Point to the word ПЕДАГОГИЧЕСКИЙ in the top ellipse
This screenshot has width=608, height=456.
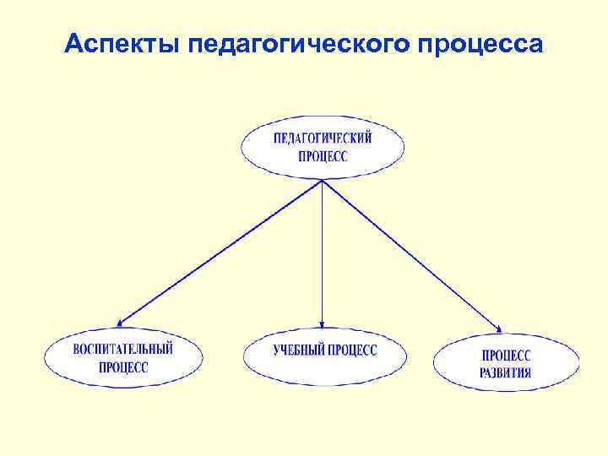click(323, 138)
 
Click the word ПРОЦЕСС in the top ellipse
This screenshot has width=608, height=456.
click(323, 156)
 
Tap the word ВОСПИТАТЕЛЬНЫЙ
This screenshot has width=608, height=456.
click(123, 349)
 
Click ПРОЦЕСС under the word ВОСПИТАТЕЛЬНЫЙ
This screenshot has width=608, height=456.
click(123, 367)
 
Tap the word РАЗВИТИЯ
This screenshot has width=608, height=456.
click(506, 372)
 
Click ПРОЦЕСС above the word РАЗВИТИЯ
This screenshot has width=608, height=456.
click(507, 356)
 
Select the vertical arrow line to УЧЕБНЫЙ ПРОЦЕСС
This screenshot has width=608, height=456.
click(322, 253)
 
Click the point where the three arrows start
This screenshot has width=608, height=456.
click(322, 180)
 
